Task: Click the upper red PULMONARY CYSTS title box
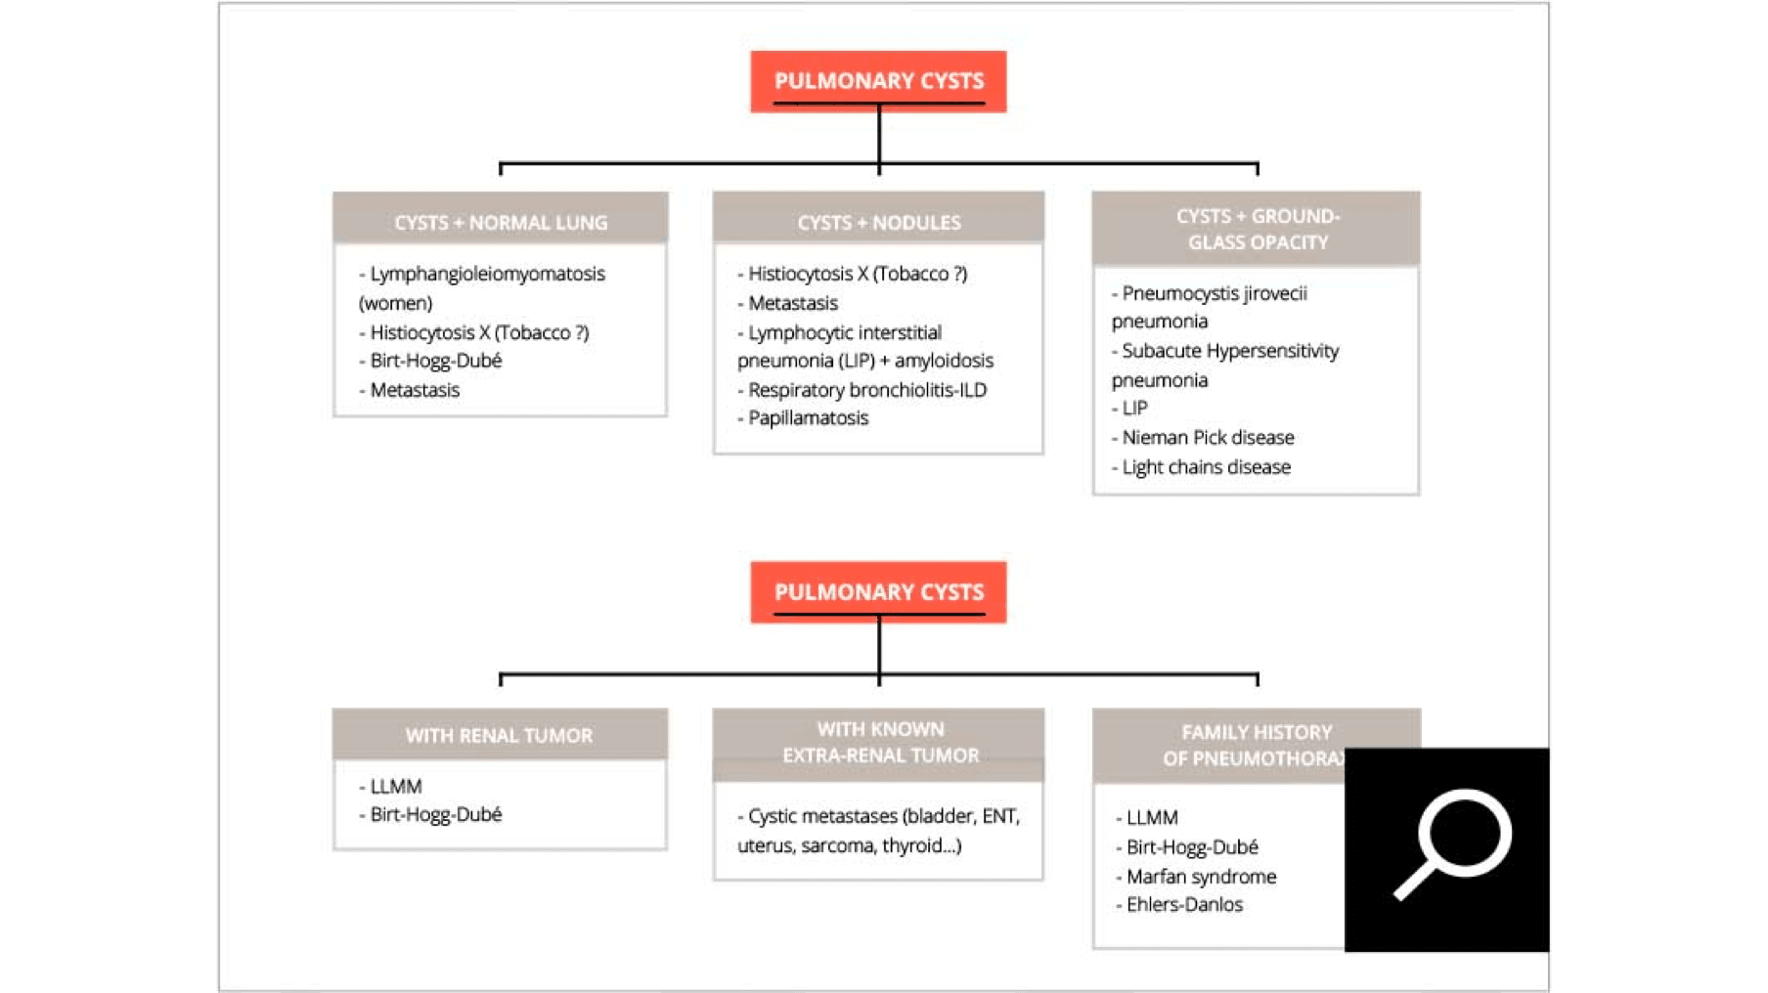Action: click(878, 81)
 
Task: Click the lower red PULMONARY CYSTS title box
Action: click(878, 592)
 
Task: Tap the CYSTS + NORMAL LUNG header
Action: click(501, 222)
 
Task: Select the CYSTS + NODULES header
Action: click(878, 222)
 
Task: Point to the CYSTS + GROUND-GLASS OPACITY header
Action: click(1257, 229)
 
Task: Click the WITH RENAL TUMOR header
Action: click(499, 735)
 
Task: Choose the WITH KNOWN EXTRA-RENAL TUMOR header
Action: click(879, 743)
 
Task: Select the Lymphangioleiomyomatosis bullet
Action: click(486, 274)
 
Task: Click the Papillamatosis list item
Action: click(807, 418)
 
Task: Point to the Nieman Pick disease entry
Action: click(1207, 438)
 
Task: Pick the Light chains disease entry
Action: click(1205, 467)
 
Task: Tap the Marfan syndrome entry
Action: click(1200, 877)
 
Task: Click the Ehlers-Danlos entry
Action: click(1183, 905)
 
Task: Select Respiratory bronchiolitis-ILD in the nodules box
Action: click(866, 390)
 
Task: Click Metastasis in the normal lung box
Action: click(414, 390)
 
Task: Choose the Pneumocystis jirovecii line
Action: click(1214, 293)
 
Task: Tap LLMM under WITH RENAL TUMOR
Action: click(395, 786)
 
